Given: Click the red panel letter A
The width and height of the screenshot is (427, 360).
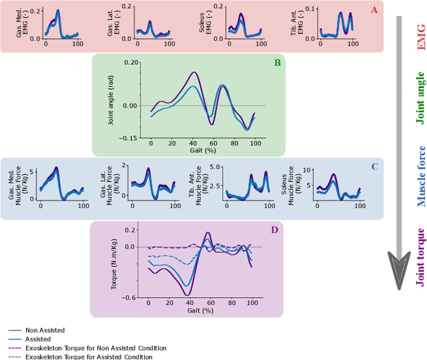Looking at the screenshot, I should [x=392, y=9].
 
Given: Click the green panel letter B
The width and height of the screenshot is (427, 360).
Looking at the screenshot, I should [x=276, y=63].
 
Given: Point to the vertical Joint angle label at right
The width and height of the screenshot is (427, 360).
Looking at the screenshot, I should [x=420, y=98].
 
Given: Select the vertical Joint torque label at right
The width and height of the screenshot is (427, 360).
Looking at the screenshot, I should [x=420, y=257].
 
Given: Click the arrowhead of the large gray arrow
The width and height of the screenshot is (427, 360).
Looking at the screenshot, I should [x=399, y=274].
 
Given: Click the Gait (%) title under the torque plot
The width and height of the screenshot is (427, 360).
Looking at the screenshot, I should [x=200, y=311].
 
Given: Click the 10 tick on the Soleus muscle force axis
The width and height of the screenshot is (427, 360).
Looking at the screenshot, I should [x=308, y=170].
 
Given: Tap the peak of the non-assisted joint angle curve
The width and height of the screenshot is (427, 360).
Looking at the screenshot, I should [x=193, y=72].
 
